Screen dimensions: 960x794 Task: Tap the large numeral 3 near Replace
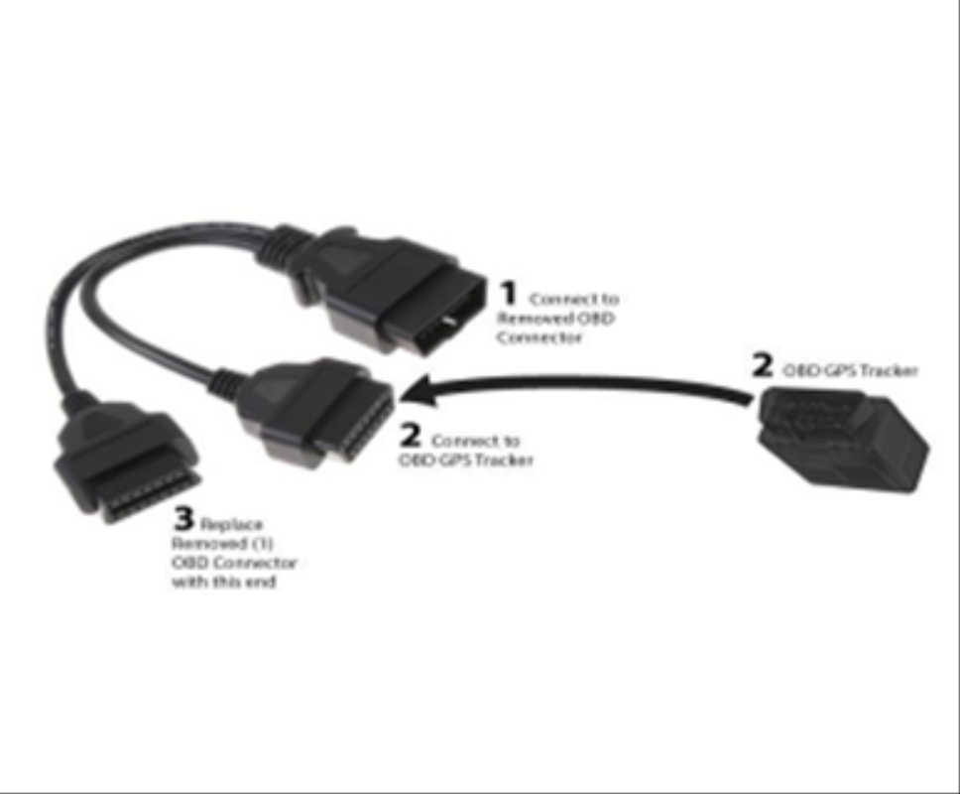click(184, 518)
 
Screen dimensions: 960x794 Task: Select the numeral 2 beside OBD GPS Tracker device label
click(763, 365)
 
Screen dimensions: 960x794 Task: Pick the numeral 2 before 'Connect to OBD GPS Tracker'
click(411, 435)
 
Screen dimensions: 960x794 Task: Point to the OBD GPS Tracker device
click(844, 439)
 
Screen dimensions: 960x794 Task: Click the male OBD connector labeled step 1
click(398, 291)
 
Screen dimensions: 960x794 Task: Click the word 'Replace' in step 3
click(231, 524)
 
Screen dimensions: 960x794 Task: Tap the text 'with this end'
click(223, 582)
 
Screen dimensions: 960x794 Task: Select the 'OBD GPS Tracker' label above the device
click(851, 370)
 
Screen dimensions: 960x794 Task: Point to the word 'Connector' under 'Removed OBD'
click(539, 337)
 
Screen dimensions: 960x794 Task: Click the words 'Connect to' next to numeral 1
click(574, 299)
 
